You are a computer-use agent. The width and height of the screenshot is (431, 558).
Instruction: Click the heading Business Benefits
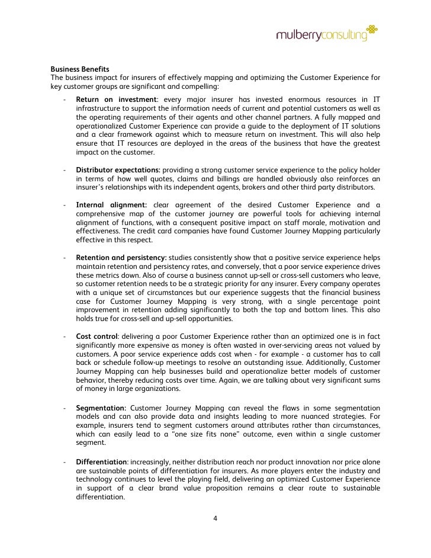pos(80,69)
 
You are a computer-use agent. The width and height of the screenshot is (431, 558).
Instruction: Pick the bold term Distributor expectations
pos(118,169)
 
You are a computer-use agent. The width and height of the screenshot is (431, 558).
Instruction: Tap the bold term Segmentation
pos(101,408)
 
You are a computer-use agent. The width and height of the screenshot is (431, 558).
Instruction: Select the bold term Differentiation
pos(101,461)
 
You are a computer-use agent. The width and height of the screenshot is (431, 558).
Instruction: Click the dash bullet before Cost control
pos(63,336)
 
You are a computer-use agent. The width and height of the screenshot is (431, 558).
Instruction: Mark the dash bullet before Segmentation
pos(63,408)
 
